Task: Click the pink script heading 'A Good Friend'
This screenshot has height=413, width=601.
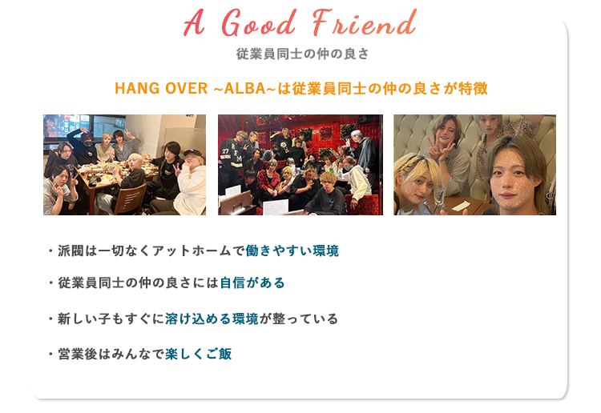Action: (300, 26)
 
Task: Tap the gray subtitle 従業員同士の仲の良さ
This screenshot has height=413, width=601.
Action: (301, 54)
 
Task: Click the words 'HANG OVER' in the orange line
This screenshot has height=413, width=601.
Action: (161, 88)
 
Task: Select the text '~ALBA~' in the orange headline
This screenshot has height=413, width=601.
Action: (244, 88)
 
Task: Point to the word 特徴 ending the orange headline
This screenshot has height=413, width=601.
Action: (474, 88)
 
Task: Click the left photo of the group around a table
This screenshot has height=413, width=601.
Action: (124, 165)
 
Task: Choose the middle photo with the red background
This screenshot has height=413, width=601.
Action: (300, 165)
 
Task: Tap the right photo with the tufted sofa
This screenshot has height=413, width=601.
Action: (474, 165)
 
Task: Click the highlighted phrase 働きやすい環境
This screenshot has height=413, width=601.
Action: (292, 251)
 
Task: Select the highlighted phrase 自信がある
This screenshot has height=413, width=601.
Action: (252, 283)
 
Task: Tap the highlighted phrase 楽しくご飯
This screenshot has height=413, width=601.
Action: (199, 354)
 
